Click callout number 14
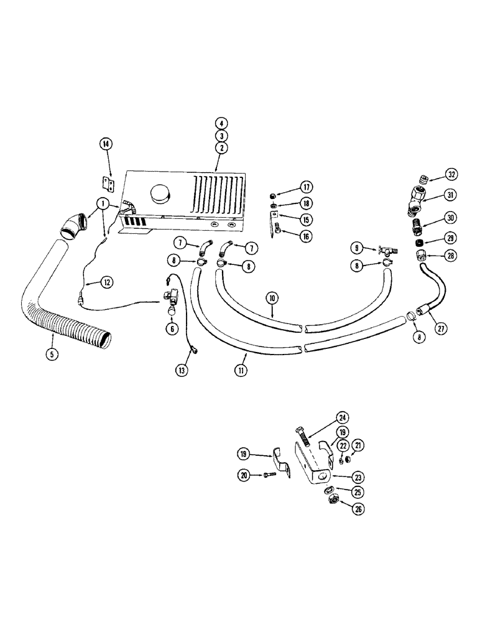(x=106, y=144)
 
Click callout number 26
(x=339, y=508)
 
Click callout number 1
(x=101, y=204)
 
